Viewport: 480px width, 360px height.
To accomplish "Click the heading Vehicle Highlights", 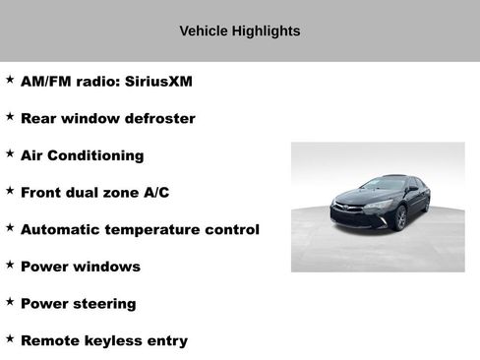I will click(x=240, y=31).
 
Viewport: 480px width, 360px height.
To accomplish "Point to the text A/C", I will click(x=156, y=193).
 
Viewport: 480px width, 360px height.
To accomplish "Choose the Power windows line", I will click(x=80, y=267).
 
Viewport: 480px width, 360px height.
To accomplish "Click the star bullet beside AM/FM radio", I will click(x=10, y=80).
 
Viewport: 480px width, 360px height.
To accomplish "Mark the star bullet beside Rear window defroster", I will click(x=10, y=117).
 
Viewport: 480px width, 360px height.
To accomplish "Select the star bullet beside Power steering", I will click(x=10, y=302).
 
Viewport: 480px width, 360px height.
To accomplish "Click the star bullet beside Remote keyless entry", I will click(x=10, y=339).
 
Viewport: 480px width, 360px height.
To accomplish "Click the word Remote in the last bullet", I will click(x=48, y=341).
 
